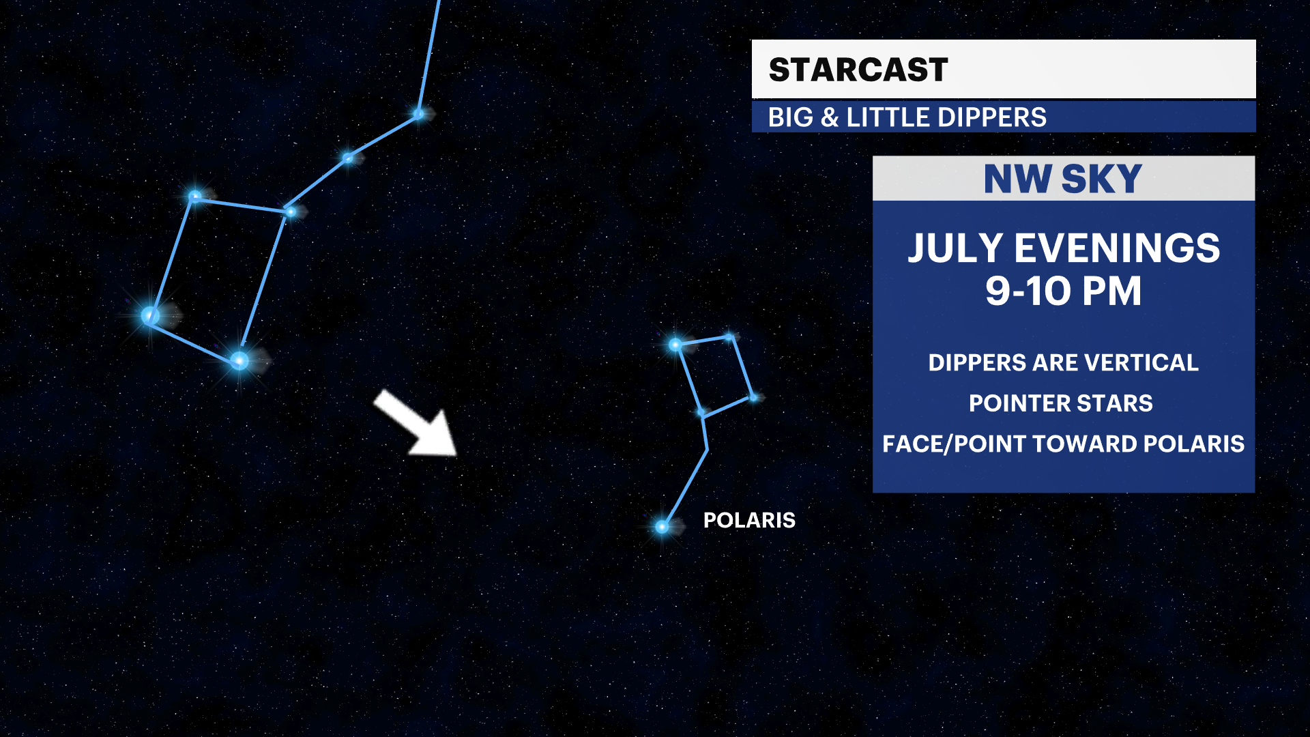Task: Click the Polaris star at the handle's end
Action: click(x=662, y=527)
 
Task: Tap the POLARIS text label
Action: click(x=749, y=520)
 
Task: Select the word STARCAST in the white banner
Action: click(x=858, y=70)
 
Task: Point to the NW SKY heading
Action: click(x=1062, y=179)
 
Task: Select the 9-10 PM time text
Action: click(x=1063, y=291)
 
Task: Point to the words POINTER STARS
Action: click(x=1061, y=403)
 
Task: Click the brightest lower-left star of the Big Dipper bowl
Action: click(x=150, y=315)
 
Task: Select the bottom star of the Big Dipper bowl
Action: click(x=239, y=360)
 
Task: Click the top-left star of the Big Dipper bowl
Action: click(x=195, y=197)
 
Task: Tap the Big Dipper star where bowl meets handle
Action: click(x=291, y=212)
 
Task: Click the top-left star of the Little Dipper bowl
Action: click(x=675, y=345)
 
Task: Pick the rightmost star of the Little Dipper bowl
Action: click(x=753, y=397)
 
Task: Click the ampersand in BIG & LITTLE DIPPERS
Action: click(x=830, y=117)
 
